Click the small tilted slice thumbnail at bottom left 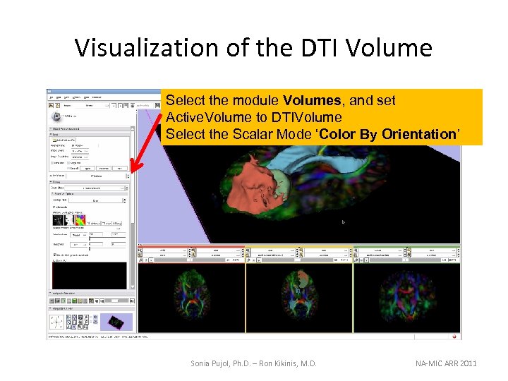click(114, 322)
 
